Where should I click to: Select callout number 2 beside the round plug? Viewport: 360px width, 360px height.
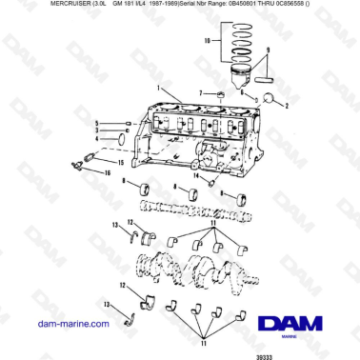pos(285,108)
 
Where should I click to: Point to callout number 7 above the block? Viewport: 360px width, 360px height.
pos(200,93)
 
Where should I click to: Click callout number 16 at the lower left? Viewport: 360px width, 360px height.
pos(96,124)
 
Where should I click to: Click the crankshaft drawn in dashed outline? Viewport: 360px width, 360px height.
pos(205,270)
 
